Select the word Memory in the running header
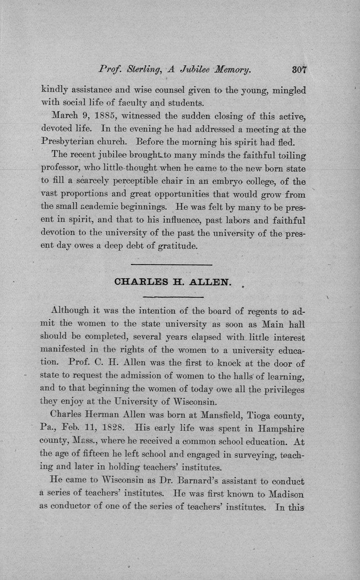(230, 70)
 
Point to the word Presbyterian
(71, 142)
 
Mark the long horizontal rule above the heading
(172, 265)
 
